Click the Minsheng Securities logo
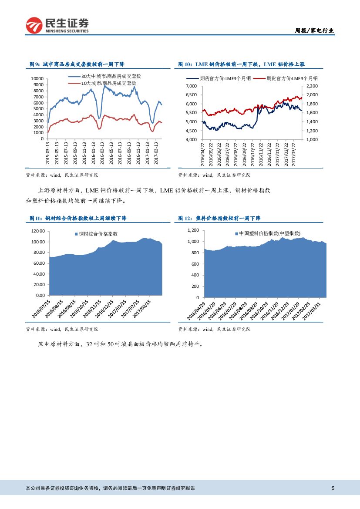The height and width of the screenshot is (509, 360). (57, 25)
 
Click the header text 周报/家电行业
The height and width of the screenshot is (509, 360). (315, 30)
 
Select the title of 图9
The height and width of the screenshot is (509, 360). (77, 64)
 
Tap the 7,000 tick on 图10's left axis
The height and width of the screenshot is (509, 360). (191, 86)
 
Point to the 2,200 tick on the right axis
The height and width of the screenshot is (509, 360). (313, 86)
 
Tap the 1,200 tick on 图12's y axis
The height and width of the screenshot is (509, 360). (193, 230)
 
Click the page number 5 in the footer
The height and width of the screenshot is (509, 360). (333, 489)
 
